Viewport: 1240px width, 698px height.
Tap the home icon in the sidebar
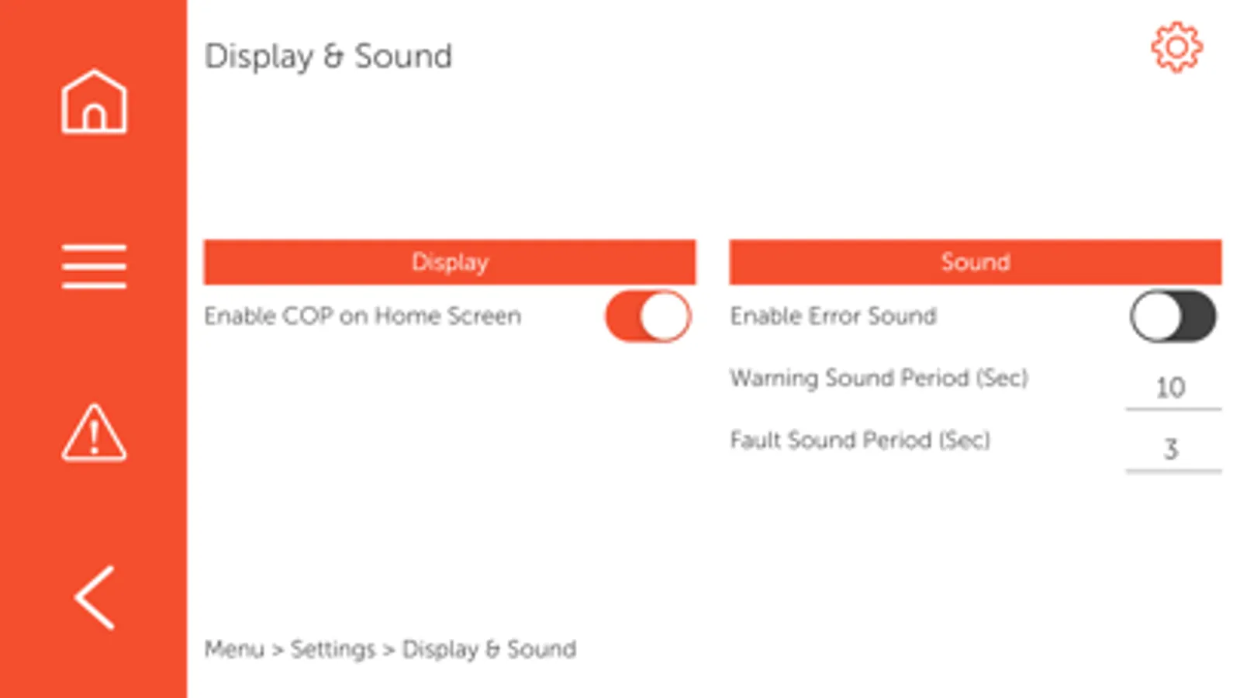click(x=94, y=102)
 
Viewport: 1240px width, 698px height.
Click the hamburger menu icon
click(x=94, y=266)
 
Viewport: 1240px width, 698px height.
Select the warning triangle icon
click(x=94, y=432)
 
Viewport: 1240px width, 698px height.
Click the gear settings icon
click(x=1177, y=47)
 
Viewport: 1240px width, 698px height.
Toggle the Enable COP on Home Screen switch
click(x=648, y=316)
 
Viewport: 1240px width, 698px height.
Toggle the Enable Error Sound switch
click(x=1173, y=316)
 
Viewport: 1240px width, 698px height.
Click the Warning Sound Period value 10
click(x=1171, y=388)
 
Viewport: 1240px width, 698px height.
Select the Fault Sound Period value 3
click(x=1171, y=449)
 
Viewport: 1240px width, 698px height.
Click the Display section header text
click(x=450, y=262)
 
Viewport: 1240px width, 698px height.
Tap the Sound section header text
click(x=976, y=262)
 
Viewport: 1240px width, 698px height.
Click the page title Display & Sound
click(x=328, y=57)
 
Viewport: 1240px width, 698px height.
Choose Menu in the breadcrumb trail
click(x=234, y=648)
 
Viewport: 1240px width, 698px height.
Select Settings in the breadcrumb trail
click(x=333, y=649)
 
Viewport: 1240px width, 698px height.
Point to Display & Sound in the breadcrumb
click(x=489, y=649)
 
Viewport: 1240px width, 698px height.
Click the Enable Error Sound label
click(x=833, y=316)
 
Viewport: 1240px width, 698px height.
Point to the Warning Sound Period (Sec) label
click(x=879, y=378)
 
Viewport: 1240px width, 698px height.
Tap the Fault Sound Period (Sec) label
click(x=860, y=440)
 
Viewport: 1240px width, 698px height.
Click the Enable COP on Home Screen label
click(x=363, y=316)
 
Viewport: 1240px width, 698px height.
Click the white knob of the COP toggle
click(x=665, y=316)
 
